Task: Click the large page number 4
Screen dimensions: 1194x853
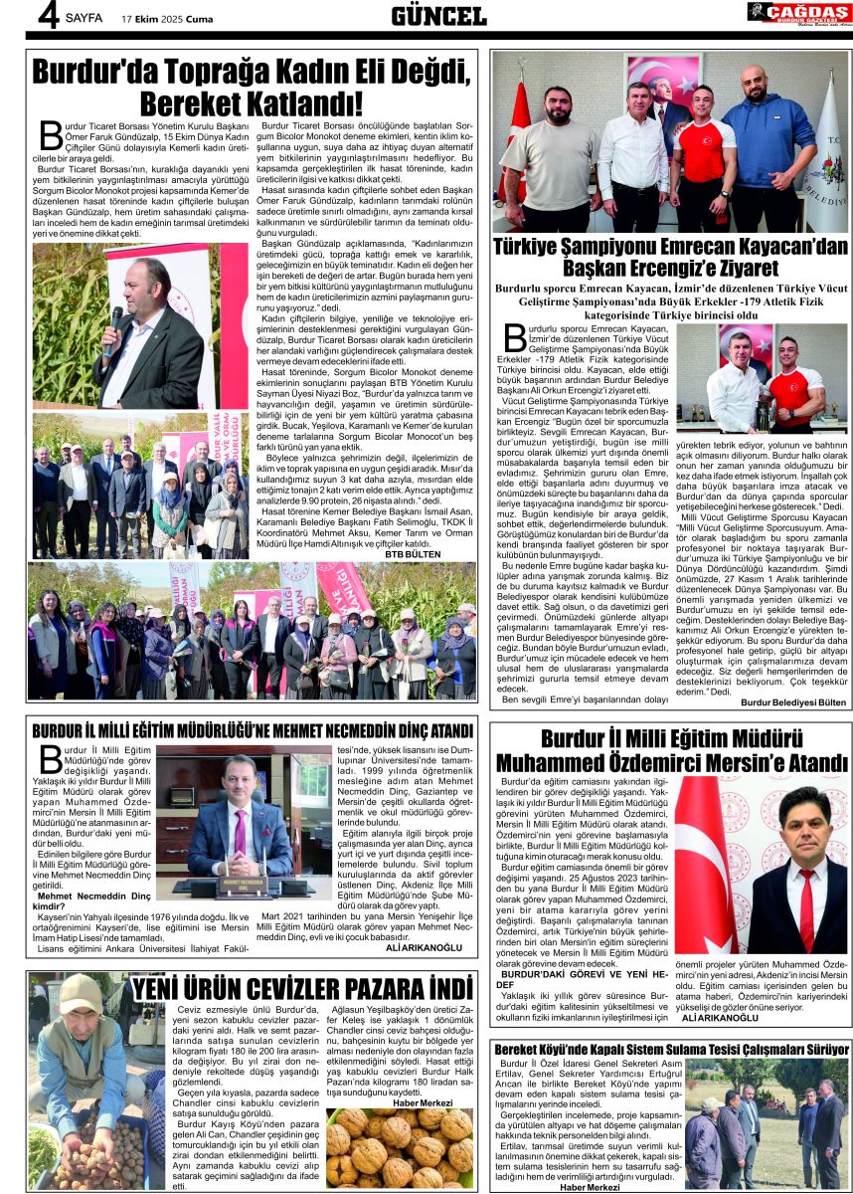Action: [19, 17]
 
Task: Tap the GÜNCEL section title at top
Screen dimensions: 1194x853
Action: [437, 16]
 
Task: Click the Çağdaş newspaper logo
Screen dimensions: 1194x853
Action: [798, 13]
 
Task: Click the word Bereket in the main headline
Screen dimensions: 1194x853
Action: [192, 103]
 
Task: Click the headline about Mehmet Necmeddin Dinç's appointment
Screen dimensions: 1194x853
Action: [253, 731]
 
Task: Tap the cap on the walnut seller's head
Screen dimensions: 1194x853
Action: [80, 992]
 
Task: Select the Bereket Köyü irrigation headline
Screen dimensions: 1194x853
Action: [671, 1049]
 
